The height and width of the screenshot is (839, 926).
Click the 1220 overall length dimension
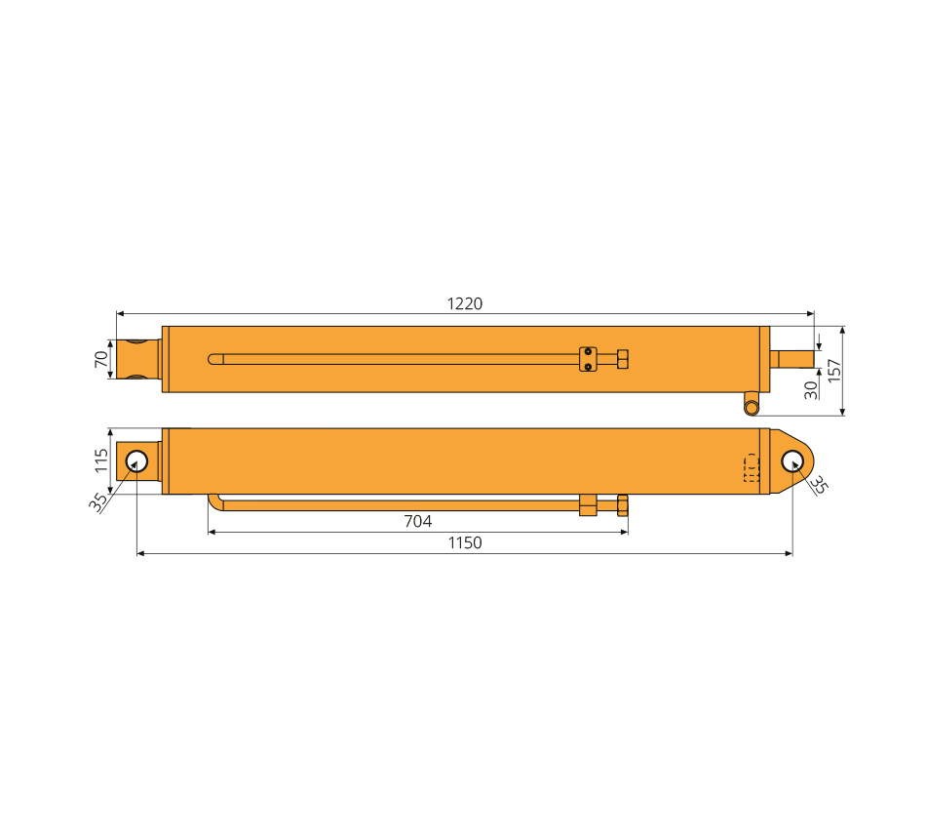(465, 304)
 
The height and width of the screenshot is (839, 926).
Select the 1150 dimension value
(465, 542)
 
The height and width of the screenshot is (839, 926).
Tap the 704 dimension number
(417, 522)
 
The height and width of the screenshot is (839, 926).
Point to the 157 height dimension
(833, 371)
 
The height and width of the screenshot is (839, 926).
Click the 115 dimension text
(101, 460)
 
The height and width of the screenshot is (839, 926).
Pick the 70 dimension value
(101, 359)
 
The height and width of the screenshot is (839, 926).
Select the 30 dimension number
(811, 390)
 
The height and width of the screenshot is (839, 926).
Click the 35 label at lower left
(98, 502)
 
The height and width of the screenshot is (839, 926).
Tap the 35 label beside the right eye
(819, 485)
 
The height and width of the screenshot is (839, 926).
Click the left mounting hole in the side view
(136, 461)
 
